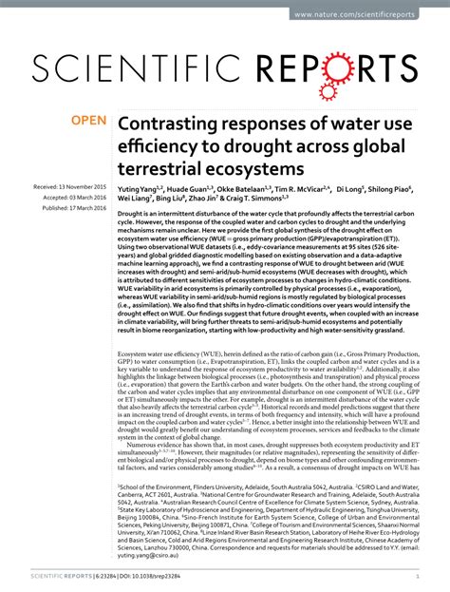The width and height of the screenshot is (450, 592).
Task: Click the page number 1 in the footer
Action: point(419,574)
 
